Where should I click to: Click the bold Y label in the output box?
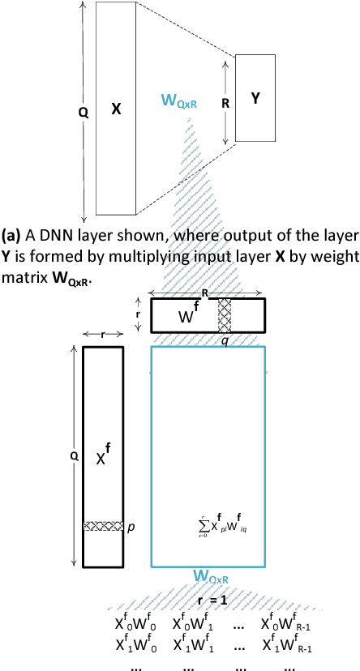(255, 98)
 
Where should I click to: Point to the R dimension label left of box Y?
(225, 105)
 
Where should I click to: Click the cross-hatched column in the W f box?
(225, 316)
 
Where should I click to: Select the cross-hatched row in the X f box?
(103, 526)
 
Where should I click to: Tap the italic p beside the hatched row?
(131, 527)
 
